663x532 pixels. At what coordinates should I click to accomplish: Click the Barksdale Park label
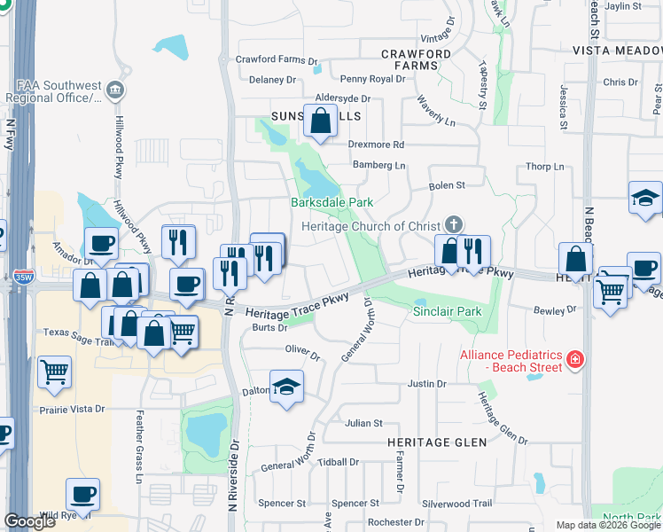tap(332, 202)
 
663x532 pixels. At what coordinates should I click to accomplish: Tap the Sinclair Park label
tap(448, 312)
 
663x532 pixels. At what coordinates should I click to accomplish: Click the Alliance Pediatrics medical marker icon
tap(574, 359)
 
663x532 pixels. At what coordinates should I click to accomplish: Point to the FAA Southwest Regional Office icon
tap(114, 90)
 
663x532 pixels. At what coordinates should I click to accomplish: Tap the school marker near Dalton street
tap(286, 387)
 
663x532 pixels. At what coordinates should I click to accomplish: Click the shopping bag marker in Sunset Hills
tap(320, 121)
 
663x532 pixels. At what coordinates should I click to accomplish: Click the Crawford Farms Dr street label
tap(275, 59)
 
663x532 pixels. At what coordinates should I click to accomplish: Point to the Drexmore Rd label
tap(376, 144)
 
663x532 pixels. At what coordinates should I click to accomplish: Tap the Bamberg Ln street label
tap(378, 165)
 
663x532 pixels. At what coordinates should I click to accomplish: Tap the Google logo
tap(29, 520)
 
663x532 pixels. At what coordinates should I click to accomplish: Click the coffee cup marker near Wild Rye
tap(82, 495)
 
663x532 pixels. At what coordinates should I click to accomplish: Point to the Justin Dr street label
tap(426, 383)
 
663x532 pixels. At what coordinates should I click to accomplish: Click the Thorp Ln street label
tap(544, 167)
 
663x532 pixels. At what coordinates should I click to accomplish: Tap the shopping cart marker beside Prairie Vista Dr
tap(55, 373)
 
